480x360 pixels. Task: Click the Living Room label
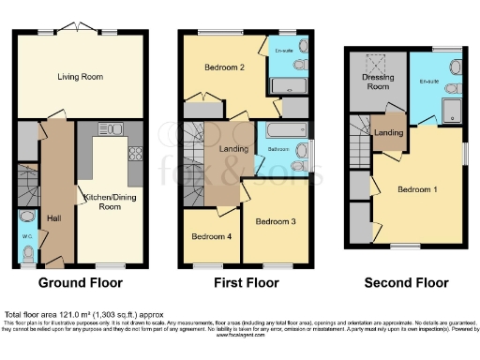[x=79, y=77]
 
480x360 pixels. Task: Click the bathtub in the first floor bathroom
[x=279, y=130]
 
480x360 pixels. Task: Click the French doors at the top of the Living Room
[x=79, y=30]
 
